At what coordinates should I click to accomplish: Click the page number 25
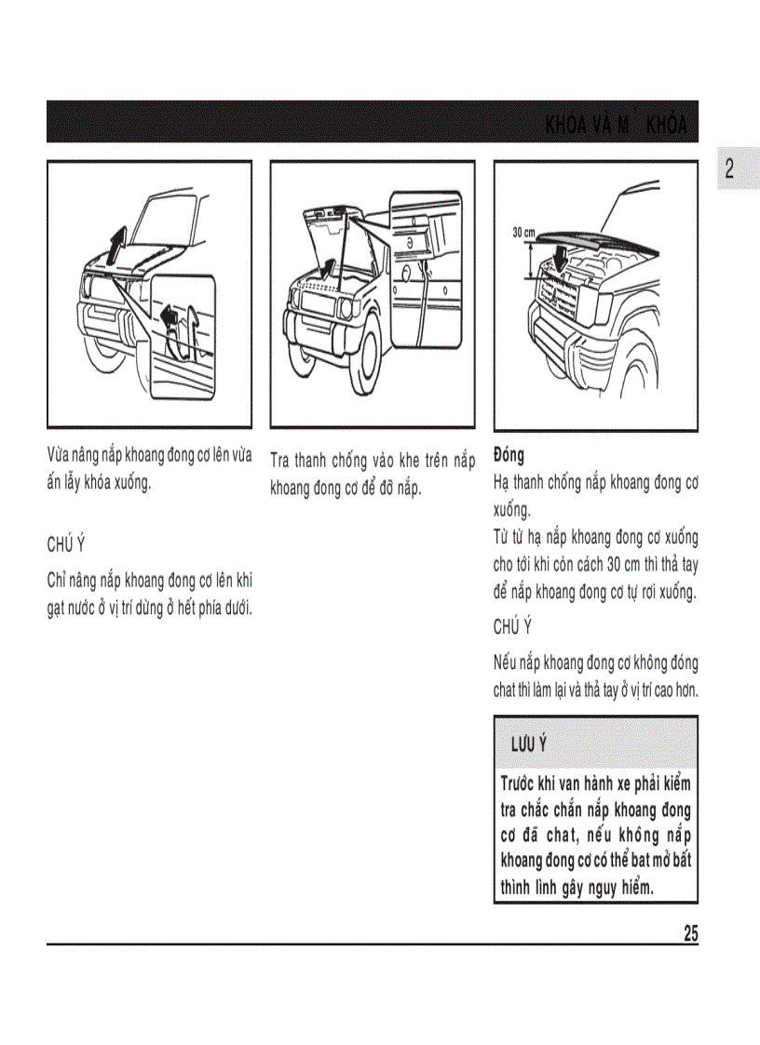(690, 933)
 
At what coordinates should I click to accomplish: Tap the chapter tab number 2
(729, 169)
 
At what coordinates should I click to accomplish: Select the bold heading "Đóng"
(509, 455)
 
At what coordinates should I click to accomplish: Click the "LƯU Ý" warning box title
(528, 744)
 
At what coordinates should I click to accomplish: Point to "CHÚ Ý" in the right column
(512, 626)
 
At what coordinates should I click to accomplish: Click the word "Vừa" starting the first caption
(58, 456)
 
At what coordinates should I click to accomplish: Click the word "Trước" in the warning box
(521, 784)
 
